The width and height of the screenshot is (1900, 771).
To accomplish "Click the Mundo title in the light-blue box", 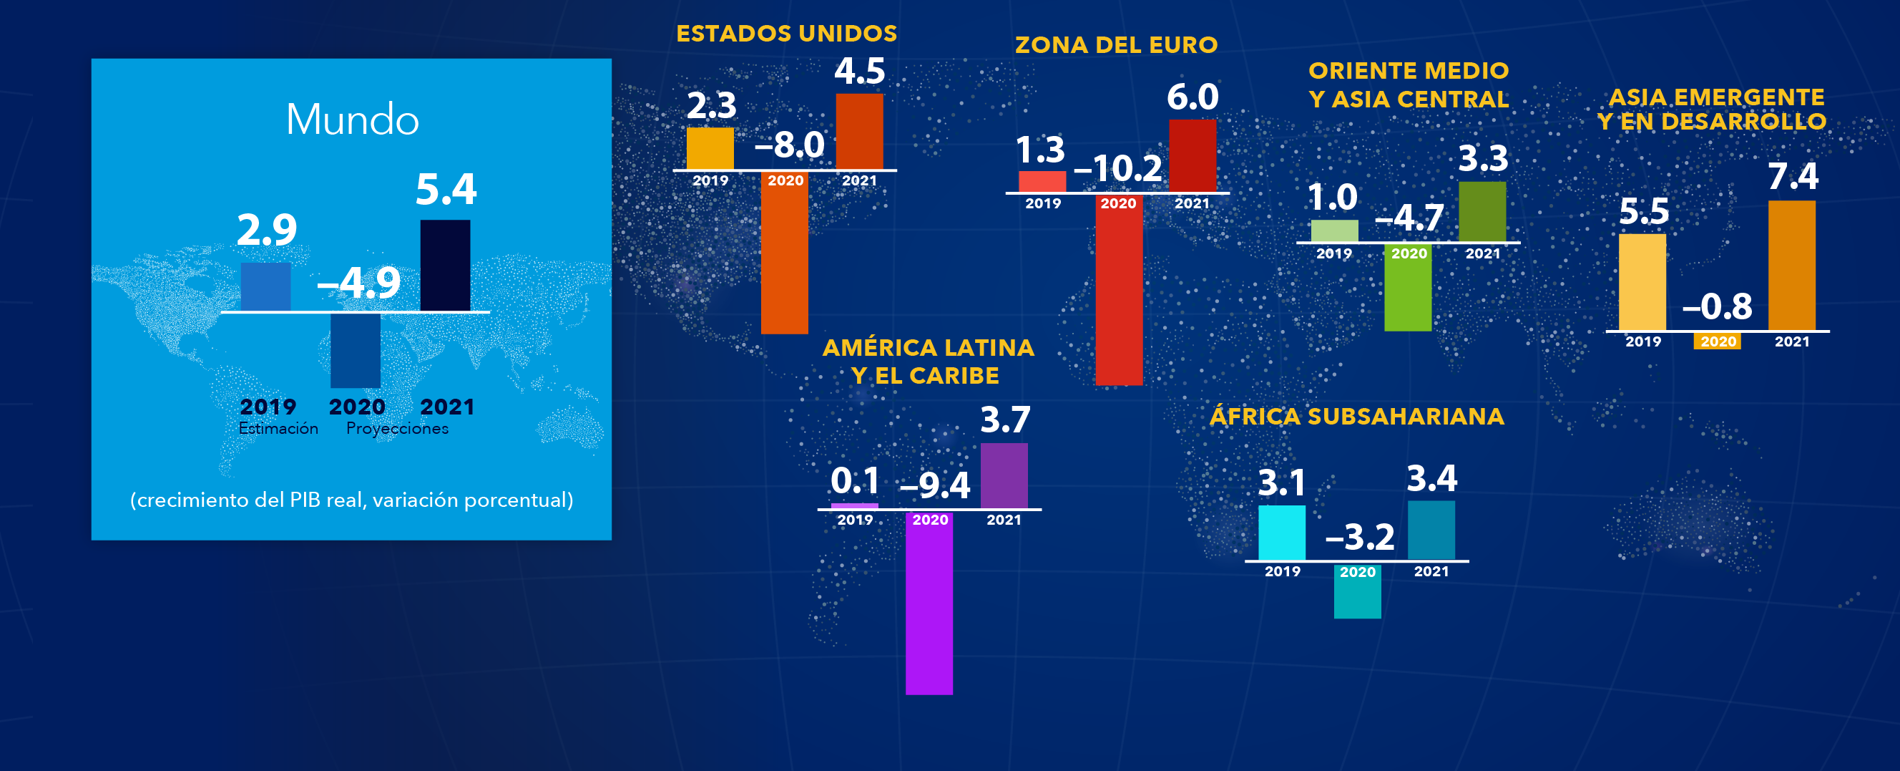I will pyautogui.click(x=352, y=120).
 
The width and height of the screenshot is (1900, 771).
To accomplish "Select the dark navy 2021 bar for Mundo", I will pyautogui.click(x=445, y=265).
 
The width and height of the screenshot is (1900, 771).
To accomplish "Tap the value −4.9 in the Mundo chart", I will pyautogui.click(x=359, y=283).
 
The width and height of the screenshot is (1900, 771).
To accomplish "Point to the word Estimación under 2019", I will pyautogui.click(x=278, y=429).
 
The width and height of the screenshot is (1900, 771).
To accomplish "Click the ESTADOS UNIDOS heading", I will pyautogui.click(x=786, y=34).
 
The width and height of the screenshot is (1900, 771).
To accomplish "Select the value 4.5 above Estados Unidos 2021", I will pyautogui.click(x=859, y=72).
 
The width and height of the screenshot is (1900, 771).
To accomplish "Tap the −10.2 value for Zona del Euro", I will pyautogui.click(x=1117, y=168).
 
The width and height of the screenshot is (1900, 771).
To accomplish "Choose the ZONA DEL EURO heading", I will pyautogui.click(x=1116, y=45).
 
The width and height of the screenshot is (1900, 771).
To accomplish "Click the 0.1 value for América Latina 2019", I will pyautogui.click(x=855, y=481).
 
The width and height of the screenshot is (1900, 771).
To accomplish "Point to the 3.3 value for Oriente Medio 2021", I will pyautogui.click(x=1483, y=159).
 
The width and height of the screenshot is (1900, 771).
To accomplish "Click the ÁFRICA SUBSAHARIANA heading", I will pyautogui.click(x=1356, y=417).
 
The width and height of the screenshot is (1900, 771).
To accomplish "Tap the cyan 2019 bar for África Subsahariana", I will pyautogui.click(x=1281, y=533).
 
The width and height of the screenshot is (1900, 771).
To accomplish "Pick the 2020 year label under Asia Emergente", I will pyautogui.click(x=1717, y=341).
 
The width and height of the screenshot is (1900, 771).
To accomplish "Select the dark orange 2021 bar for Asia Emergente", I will pyautogui.click(x=1791, y=266).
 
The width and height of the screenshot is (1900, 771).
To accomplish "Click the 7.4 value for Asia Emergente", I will pyautogui.click(x=1793, y=177).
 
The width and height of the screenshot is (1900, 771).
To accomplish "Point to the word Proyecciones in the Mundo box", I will pyautogui.click(x=397, y=429).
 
